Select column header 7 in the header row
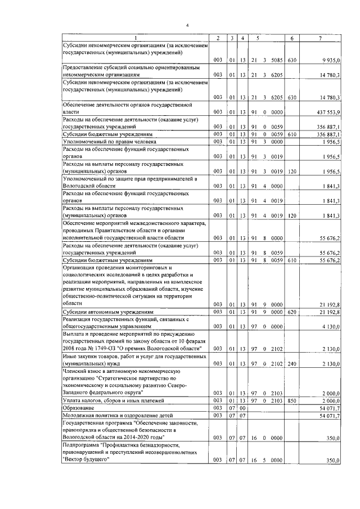(x=319, y=38)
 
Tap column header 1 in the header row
(x=134, y=38)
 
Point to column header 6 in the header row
(x=291, y=38)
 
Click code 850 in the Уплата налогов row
(x=291, y=400)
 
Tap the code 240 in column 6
(x=291, y=364)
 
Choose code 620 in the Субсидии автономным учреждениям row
(x=291, y=312)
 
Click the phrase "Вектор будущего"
(x=85, y=459)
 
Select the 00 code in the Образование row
(x=242, y=407)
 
